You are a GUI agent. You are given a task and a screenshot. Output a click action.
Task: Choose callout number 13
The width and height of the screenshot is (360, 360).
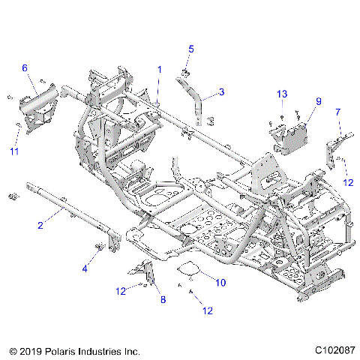coord(281,94)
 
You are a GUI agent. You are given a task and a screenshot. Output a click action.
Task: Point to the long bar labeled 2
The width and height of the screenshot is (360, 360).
coord(75,205)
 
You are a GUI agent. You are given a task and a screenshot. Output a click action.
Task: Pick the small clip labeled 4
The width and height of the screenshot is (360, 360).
coord(98,247)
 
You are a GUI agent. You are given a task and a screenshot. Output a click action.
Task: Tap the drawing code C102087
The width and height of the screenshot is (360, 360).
coord(326,349)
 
